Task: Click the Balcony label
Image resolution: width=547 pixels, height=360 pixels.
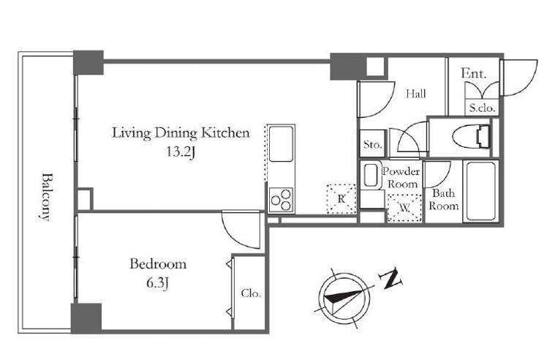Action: [x=45, y=197]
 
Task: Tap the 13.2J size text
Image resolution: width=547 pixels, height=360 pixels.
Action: [x=181, y=152]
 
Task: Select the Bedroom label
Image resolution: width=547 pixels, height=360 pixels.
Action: [x=158, y=263]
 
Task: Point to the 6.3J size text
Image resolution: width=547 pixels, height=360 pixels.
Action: [x=157, y=283]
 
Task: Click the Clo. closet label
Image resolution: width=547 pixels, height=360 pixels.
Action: [x=251, y=293]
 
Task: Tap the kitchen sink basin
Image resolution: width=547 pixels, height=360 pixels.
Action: [x=281, y=143]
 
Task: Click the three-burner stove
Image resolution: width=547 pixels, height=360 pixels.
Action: [x=281, y=200]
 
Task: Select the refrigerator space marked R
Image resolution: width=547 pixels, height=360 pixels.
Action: [x=342, y=199]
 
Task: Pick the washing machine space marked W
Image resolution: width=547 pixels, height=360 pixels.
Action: [x=404, y=208]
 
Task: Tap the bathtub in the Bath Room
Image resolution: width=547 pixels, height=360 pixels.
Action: [x=480, y=191]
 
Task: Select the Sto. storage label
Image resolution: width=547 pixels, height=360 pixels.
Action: [x=373, y=144]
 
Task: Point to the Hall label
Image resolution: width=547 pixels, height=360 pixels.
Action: [x=416, y=94]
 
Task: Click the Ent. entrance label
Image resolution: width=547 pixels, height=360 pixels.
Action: [x=473, y=73]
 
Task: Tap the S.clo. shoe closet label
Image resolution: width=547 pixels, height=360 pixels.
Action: [x=482, y=108]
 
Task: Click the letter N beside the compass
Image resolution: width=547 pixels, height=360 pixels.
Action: [x=391, y=278]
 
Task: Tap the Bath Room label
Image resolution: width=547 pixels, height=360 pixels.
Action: [x=444, y=199]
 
